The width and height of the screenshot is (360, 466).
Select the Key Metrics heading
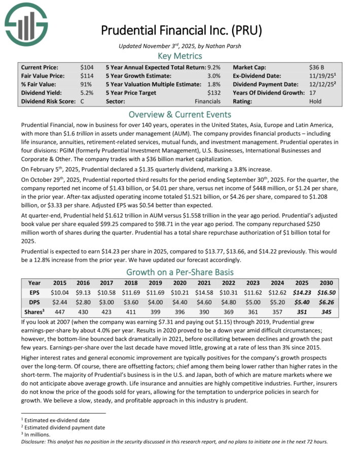pyautogui.click(x=179, y=56)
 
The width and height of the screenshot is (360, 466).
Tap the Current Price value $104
pyautogui.click(x=87, y=67)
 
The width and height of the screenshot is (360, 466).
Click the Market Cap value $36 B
pyautogui.click(x=318, y=67)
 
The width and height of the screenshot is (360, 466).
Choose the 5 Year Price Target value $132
pyautogui.click(x=214, y=93)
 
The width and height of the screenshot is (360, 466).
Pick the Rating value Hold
pyautogui.click(x=315, y=101)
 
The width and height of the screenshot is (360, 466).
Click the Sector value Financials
pyautogui.click(x=208, y=101)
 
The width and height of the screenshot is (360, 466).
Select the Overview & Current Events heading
pyautogui.click(x=179, y=114)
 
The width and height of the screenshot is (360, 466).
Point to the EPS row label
pyautogui.click(x=34, y=292)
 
